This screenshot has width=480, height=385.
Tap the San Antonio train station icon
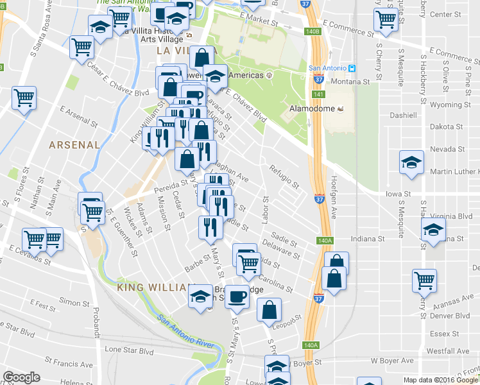tap(353, 68)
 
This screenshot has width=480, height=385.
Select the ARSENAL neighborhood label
tap(74, 145)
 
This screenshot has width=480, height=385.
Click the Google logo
tap(21, 377)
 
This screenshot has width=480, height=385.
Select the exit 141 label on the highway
tap(318, 95)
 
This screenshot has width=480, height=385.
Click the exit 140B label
tap(313, 31)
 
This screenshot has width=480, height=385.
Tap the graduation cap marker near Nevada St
tap(411, 162)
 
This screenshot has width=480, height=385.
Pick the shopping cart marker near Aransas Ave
tap(424, 280)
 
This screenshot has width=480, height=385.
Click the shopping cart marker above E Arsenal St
tap(24, 98)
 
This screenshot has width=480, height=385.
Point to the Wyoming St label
tap(446, 105)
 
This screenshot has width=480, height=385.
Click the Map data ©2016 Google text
tap(441, 380)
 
